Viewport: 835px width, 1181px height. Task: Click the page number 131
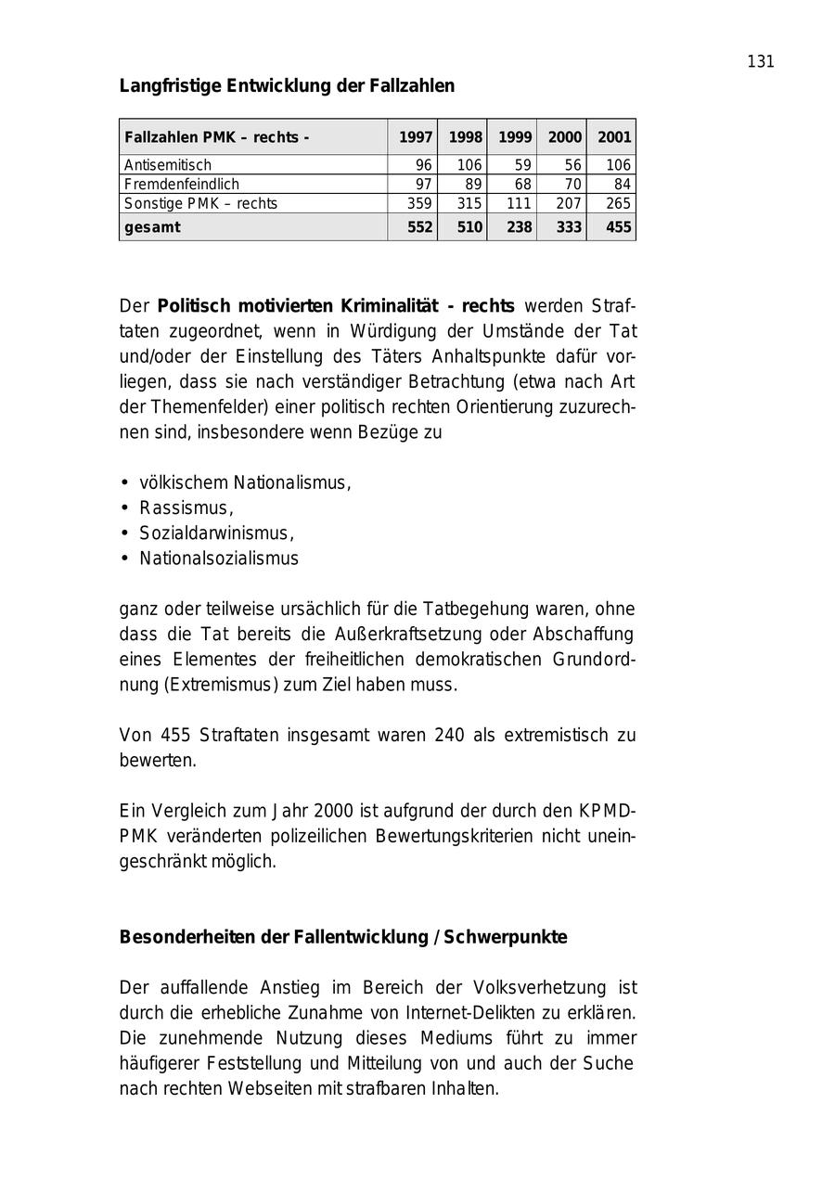(760, 62)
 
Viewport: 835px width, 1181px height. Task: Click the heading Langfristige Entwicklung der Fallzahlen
(287, 86)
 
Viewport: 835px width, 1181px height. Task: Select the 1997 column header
(416, 137)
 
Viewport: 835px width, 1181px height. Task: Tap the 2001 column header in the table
(613, 137)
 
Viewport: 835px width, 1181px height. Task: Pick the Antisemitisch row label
(168, 165)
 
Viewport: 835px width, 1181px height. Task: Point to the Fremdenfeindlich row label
(182, 185)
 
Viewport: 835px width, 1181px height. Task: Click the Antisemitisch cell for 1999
(522, 165)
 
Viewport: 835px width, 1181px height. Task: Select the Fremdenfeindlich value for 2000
(572, 185)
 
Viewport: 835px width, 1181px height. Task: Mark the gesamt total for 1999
(518, 227)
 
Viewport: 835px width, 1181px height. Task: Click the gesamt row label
(152, 227)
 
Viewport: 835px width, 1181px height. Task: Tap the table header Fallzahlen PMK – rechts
(217, 137)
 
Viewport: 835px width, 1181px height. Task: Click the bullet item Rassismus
(186, 508)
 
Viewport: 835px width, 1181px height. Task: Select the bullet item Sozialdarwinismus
(216, 533)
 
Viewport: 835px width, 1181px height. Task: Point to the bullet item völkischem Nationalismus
(245, 483)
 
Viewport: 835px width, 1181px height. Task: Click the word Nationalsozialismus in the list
(219, 558)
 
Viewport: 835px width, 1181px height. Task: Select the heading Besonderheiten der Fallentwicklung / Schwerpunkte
(342, 937)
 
